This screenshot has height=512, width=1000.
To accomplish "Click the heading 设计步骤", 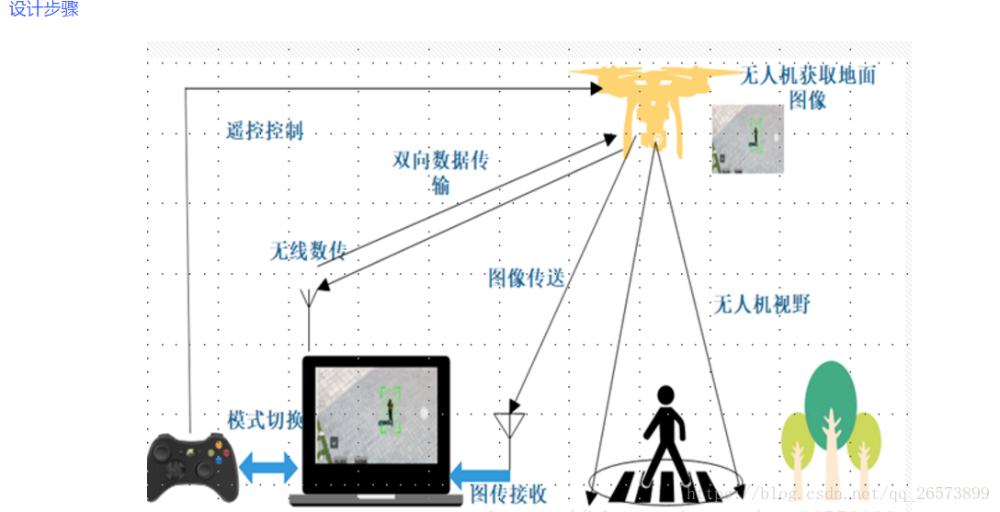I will (x=44, y=9).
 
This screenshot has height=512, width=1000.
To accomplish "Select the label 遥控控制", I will (x=265, y=131).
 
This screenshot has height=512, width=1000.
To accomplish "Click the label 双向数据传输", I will (x=440, y=172).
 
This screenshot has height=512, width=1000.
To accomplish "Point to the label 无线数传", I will (x=308, y=251).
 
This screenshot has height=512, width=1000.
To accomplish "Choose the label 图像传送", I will (x=526, y=279).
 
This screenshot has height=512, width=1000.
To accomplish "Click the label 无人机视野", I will (x=762, y=304).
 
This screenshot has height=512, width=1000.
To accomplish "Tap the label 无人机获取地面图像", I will (x=808, y=87).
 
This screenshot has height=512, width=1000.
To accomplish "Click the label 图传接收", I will (x=508, y=494).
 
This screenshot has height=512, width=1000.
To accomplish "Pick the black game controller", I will (x=192, y=467).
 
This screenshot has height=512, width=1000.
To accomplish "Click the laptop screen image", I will (x=377, y=415).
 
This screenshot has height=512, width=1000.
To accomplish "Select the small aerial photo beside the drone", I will (x=747, y=139).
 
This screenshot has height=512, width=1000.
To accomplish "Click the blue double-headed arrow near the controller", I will (x=267, y=468).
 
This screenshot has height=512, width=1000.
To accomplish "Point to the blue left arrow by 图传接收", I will (x=478, y=474).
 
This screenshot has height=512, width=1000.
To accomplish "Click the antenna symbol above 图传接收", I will (x=510, y=424).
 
